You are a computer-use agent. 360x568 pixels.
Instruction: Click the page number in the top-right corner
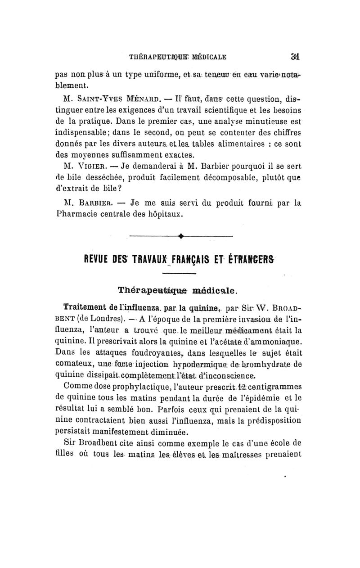coord(295,57)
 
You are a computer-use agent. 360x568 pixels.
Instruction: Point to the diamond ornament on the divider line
coord(180,236)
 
